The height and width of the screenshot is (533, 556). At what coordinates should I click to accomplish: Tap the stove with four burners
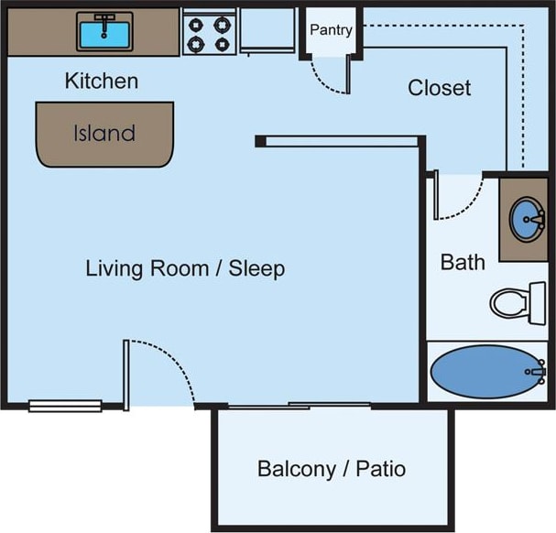click(209, 33)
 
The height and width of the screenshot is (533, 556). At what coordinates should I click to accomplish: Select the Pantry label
click(331, 30)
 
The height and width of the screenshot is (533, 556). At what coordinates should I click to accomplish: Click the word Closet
click(439, 88)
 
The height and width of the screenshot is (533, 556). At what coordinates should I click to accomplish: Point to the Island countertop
click(104, 134)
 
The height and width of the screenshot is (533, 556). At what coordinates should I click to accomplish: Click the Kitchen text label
click(101, 81)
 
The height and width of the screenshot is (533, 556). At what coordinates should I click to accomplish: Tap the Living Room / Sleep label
click(185, 269)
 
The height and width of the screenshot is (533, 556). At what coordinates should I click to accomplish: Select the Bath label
click(463, 263)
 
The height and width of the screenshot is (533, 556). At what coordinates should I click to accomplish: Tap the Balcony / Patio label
click(331, 470)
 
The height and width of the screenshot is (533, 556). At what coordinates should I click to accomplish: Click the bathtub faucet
click(537, 372)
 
